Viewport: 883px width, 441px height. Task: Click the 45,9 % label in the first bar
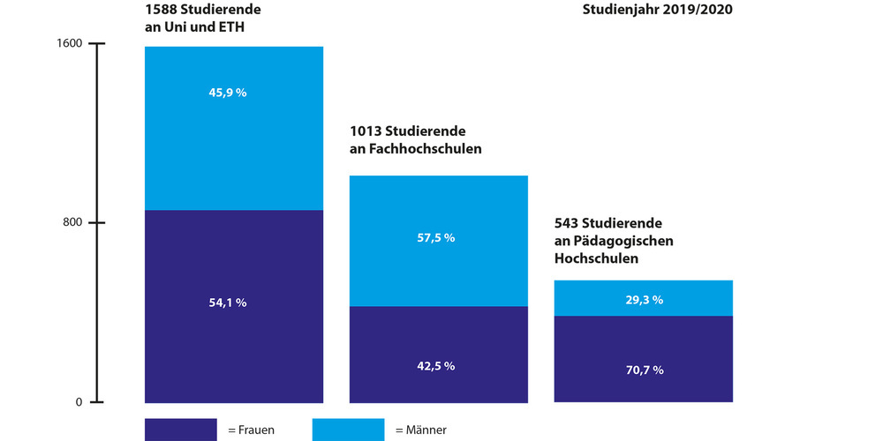coord(229,93)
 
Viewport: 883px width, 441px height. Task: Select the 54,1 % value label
coord(229,303)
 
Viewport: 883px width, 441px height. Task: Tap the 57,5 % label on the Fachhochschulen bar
coord(436,238)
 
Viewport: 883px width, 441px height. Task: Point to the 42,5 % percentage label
coord(436,366)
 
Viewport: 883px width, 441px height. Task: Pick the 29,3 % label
coord(645,300)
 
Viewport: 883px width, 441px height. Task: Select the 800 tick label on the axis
coord(72,222)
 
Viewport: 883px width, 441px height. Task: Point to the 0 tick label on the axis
coord(79,402)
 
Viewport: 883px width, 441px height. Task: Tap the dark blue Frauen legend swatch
coord(180,430)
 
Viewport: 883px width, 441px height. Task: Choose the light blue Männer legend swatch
coord(348,430)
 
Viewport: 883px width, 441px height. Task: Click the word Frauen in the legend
coord(256,430)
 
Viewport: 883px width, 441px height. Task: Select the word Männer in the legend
coord(427,430)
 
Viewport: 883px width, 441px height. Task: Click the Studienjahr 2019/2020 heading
coord(645,11)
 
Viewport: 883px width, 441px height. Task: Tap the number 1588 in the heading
coord(162,10)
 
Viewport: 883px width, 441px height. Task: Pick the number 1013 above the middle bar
coord(366,131)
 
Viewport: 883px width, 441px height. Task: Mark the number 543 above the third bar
coord(567,223)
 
